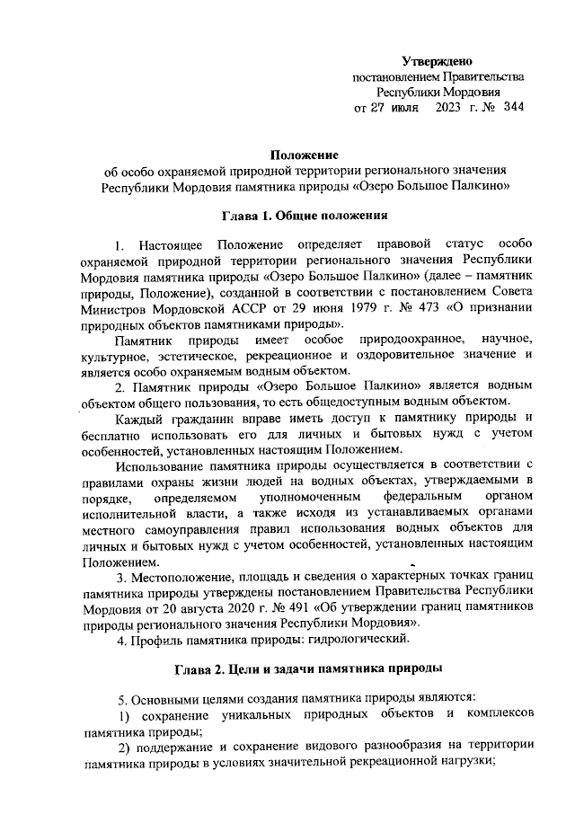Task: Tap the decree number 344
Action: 514,107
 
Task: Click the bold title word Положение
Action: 305,155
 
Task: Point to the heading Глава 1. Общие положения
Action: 305,216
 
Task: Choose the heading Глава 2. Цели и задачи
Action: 305,670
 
